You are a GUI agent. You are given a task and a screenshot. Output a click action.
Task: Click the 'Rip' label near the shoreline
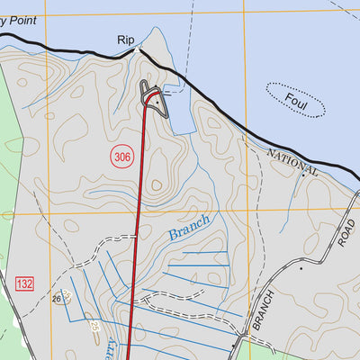click(x=124, y=40)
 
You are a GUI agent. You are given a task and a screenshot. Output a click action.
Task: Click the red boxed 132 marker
click(x=24, y=284)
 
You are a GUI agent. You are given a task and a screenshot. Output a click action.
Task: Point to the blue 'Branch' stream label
click(x=190, y=228)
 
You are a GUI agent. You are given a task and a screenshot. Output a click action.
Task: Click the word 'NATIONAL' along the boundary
click(x=293, y=162)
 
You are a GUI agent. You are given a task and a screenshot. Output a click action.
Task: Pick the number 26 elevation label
click(x=56, y=299)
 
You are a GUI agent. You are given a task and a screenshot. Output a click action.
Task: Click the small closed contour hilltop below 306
click(x=156, y=186)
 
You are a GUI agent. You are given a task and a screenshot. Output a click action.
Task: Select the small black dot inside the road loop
click(x=157, y=103)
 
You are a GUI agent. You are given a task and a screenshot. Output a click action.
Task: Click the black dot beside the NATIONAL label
click(x=304, y=174)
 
